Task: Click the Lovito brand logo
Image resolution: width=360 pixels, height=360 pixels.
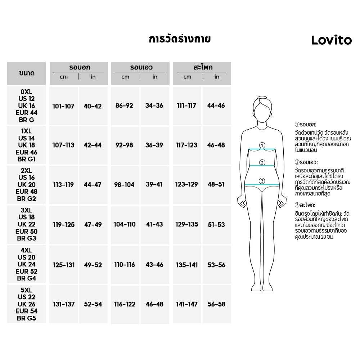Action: tap(331, 40)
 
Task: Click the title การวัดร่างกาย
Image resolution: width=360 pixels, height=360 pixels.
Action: tap(180, 39)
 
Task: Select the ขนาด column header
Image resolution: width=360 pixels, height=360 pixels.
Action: tap(27, 73)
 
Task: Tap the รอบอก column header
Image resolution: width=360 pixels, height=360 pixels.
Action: tap(79, 67)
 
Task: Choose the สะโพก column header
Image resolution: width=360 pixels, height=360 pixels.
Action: tap(202, 67)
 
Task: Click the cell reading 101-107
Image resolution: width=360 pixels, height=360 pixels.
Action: tap(63, 106)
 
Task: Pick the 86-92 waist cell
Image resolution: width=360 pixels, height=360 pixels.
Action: tap(125, 105)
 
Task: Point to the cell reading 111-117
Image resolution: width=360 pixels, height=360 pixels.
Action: tap(186, 105)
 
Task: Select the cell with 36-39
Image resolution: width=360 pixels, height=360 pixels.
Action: tap(154, 145)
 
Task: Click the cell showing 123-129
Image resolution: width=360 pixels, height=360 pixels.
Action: tap(186, 184)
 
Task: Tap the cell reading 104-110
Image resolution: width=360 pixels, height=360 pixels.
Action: tap(125, 224)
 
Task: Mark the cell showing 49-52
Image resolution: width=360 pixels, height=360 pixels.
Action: tap(93, 265)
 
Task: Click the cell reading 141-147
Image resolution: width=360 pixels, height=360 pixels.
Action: tap(186, 304)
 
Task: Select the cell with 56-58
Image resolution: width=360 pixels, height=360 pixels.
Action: tap(216, 304)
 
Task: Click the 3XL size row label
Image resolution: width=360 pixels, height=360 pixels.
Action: tap(27, 224)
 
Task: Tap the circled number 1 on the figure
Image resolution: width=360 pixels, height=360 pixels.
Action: tap(262, 145)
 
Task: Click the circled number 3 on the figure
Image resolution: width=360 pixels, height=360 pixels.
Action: tap(262, 181)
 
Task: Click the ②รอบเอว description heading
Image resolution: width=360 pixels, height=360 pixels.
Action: tap(306, 162)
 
